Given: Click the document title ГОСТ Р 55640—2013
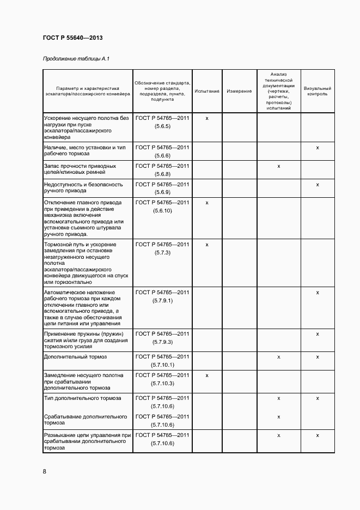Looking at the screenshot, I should coord(72,38).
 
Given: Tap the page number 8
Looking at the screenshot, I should coord(44,471).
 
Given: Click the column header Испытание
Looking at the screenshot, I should coord(207,91).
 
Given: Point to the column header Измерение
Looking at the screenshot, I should coord(239,91).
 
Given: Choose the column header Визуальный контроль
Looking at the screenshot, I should coord(318,91).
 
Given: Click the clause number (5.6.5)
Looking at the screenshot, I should coord(162,126).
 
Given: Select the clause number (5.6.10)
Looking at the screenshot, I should coord(162,210).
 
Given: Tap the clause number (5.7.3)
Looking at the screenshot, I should coord(162,253).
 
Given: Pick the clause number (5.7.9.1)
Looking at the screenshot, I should coord(162,301).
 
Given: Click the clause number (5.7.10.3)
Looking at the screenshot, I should coord(162,384).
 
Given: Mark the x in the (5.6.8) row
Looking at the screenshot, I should coord(278,166).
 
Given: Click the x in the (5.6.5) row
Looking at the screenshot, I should coord(207,118).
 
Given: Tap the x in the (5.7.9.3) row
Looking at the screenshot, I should coord(318,333).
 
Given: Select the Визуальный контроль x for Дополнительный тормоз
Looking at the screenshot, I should coord(318,357).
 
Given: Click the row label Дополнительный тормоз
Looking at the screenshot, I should coord(75,357).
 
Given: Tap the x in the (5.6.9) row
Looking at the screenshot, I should coord(318,185).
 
